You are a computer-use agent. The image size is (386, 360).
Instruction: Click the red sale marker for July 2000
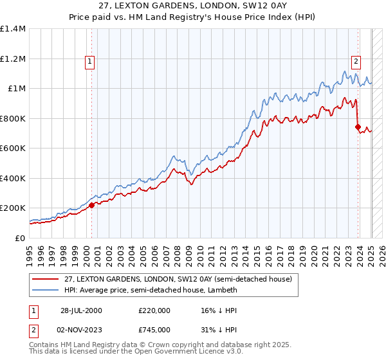[91, 205]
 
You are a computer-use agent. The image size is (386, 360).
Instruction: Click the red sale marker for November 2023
[357, 127]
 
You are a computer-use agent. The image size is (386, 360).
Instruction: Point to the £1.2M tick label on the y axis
[13, 59]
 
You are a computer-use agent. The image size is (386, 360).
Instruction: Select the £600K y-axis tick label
[13, 148]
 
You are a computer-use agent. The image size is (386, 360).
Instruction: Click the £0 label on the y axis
[19, 238]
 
